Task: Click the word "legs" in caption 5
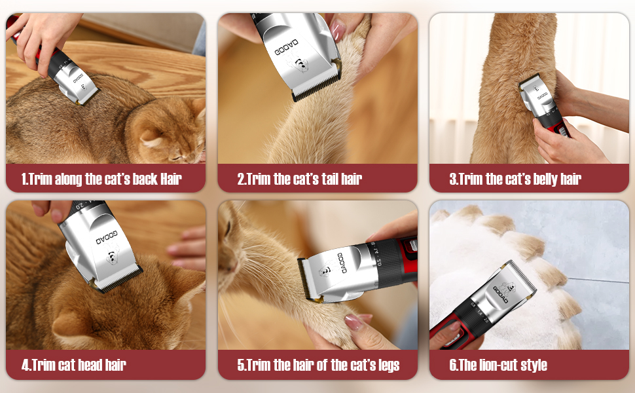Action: [389, 365]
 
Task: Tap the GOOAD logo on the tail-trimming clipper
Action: [287, 48]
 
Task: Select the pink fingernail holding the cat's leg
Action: [354, 322]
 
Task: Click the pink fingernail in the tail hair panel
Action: [337, 29]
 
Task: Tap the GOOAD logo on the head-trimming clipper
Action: [107, 238]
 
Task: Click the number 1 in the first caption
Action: [24, 179]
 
